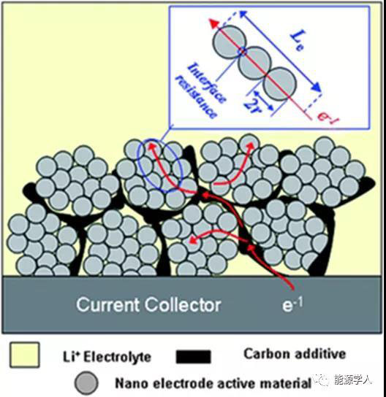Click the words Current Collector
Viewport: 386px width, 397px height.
[x=148, y=304]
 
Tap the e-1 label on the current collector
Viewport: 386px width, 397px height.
[x=292, y=304]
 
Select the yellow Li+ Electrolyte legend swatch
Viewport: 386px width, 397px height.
[x=25, y=355]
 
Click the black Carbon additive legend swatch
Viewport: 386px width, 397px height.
[x=194, y=356]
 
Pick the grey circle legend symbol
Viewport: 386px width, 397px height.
[x=86, y=382]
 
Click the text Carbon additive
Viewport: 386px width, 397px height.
[x=295, y=353]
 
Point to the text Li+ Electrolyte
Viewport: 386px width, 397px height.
[x=107, y=357]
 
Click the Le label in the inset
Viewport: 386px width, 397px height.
[x=298, y=40]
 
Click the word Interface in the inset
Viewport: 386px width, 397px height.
[x=206, y=82]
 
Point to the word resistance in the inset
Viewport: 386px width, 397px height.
[x=197, y=96]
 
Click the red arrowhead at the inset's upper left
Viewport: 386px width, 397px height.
[x=213, y=23]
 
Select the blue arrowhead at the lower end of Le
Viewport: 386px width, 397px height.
[x=316, y=87]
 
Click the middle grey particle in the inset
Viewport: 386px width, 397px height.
[x=254, y=63]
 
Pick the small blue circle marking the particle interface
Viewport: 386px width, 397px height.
[x=242, y=51]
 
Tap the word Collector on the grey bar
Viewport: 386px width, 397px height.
[x=183, y=304]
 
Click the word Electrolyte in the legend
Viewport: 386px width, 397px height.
[x=118, y=357]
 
